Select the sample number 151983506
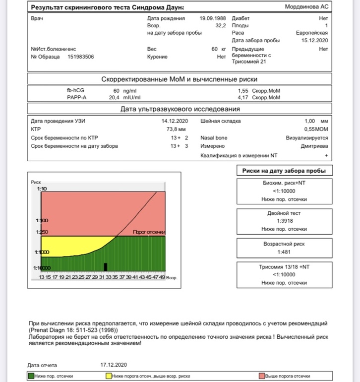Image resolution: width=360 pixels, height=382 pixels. pyautogui.click(x=81, y=57)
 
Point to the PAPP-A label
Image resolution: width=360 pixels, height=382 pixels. pyautogui.click(x=76, y=98)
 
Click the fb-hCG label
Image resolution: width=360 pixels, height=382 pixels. pyautogui.click(x=76, y=91)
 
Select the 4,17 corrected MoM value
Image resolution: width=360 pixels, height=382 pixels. pyautogui.click(x=245, y=98)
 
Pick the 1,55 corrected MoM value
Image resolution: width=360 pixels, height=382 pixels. pyautogui.click(x=245, y=91)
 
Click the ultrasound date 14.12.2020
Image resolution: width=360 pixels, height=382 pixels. pyautogui.click(x=175, y=121)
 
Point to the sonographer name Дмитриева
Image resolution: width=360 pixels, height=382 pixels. pyautogui.click(x=314, y=146)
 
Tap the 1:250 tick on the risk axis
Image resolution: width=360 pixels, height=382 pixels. pyautogui.click(x=41, y=232)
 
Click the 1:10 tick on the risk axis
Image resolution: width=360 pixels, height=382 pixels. pyautogui.click(x=42, y=189)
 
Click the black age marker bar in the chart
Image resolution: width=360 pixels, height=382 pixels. pyautogui.click(x=106, y=267)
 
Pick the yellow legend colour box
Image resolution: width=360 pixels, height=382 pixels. pyautogui.click(x=109, y=376)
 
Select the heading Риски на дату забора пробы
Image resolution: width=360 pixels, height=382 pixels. pyautogui.click(x=284, y=171)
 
